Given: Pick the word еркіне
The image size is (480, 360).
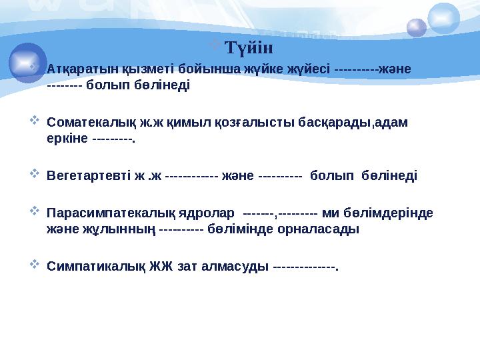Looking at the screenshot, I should click(68, 139).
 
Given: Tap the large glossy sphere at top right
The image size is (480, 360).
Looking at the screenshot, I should click(443, 18).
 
